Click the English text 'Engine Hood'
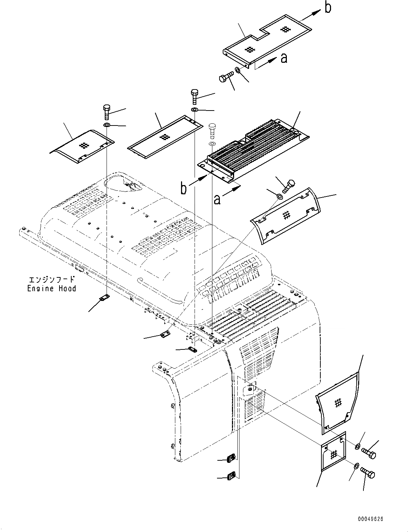pos(52,288)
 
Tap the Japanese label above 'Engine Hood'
pos(52,280)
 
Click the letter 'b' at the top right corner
pos(327,8)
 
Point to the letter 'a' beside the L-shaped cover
pos(284,58)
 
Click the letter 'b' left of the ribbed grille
pos(183,189)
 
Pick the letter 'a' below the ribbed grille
pos(217,199)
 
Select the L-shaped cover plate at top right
pos(267,39)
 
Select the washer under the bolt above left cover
pos(107,125)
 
